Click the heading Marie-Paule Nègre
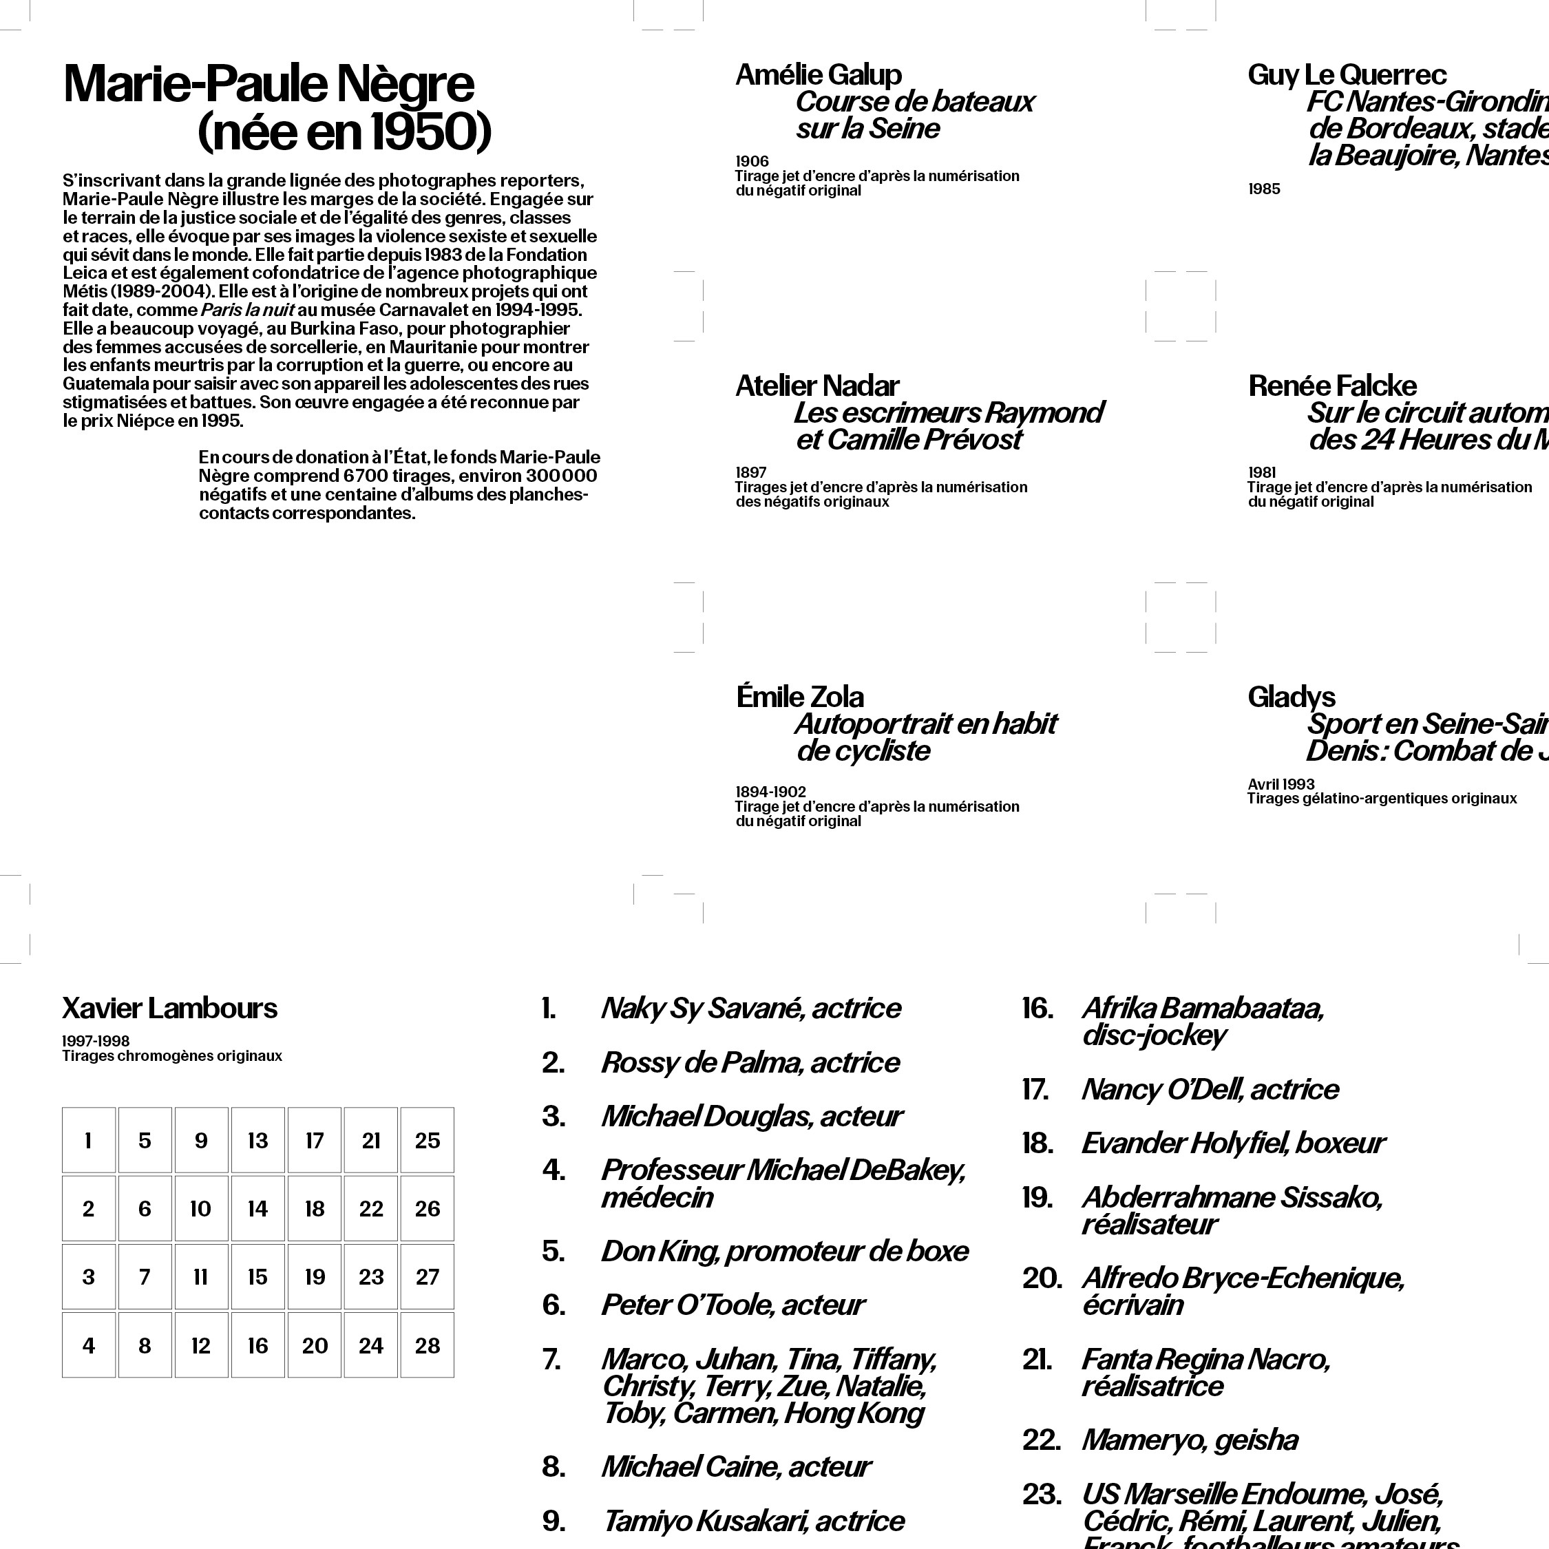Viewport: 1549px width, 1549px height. (x=268, y=83)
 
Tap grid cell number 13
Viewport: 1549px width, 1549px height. (x=257, y=1140)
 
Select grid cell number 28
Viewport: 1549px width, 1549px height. (x=428, y=1345)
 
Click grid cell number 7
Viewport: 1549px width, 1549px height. (x=145, y=1277)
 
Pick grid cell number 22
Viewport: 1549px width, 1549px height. (x=370, y=1209)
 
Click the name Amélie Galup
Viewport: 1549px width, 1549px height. (x=818, y=74)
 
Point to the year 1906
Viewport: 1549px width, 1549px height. (x=752, y=161)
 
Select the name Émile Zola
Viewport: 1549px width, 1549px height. (x=799, y=697)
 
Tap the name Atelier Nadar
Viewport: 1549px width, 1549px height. (x=817, y=386)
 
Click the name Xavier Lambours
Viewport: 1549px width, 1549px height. (x=169, y=1008)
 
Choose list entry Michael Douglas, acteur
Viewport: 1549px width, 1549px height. (x=751, y=1116)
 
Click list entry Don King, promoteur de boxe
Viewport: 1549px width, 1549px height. (x=784, y=1251)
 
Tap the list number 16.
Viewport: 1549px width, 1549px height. (x=1037, y=1008)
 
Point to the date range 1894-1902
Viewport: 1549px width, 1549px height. (x=770, y=791)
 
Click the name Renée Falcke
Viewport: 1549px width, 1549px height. (x=1331, y=386)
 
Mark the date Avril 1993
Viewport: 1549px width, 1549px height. (x=1281, y=784)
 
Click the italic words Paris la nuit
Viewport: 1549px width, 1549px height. (x=247, y=310)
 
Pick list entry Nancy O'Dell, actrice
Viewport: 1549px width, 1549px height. (x=1209, y=1089)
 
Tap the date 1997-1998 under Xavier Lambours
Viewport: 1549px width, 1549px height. (x=96, y=1041)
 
